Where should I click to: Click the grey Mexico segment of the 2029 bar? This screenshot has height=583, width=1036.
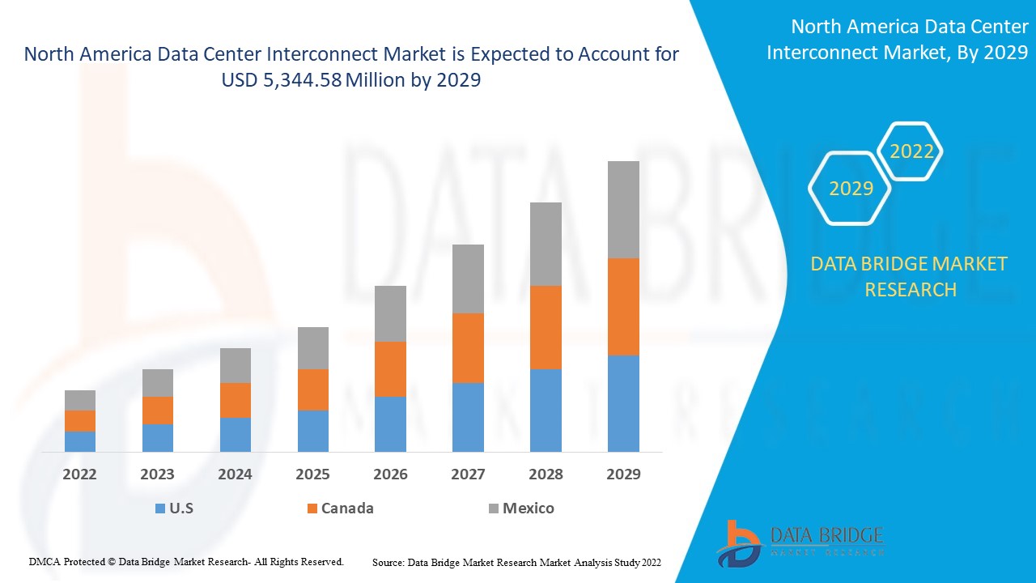pos(623,210)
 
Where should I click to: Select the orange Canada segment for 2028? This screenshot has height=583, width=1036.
pos(546,327)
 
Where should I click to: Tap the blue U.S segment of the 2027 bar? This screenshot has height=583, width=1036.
pos(468,417)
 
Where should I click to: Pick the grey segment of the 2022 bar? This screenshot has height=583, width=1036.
pos(80,400)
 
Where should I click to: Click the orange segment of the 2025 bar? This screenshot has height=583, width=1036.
pos(313,389)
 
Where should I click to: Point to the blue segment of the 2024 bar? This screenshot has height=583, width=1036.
pos(236,435)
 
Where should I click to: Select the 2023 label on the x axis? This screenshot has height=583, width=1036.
pos(158,474)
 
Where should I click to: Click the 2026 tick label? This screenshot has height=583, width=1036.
pos(390,474)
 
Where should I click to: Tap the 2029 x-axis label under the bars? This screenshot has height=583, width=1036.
pos(623,474)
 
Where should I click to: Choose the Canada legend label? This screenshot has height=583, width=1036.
pos(347,509)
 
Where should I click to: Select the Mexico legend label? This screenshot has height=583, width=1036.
pos(528,509)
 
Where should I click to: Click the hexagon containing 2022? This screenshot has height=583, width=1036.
pos(911,151)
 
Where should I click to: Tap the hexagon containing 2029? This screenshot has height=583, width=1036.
pos(851,189)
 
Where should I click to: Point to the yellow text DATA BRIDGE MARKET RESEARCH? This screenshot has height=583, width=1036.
pos(911,276)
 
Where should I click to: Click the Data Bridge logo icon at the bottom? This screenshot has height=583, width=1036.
pos(738,543)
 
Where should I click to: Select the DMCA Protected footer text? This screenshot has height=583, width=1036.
pos(187,561)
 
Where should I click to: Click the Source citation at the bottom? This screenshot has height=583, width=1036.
pos(516,562)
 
